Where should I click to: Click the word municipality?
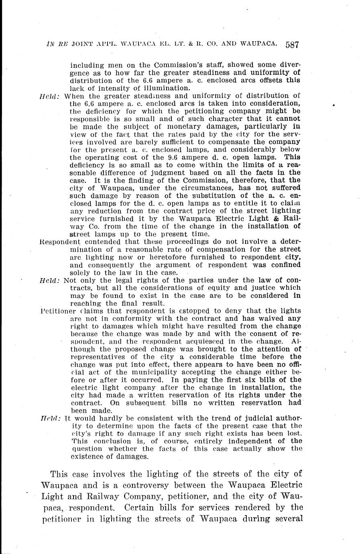148,372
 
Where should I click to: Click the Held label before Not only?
49,280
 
